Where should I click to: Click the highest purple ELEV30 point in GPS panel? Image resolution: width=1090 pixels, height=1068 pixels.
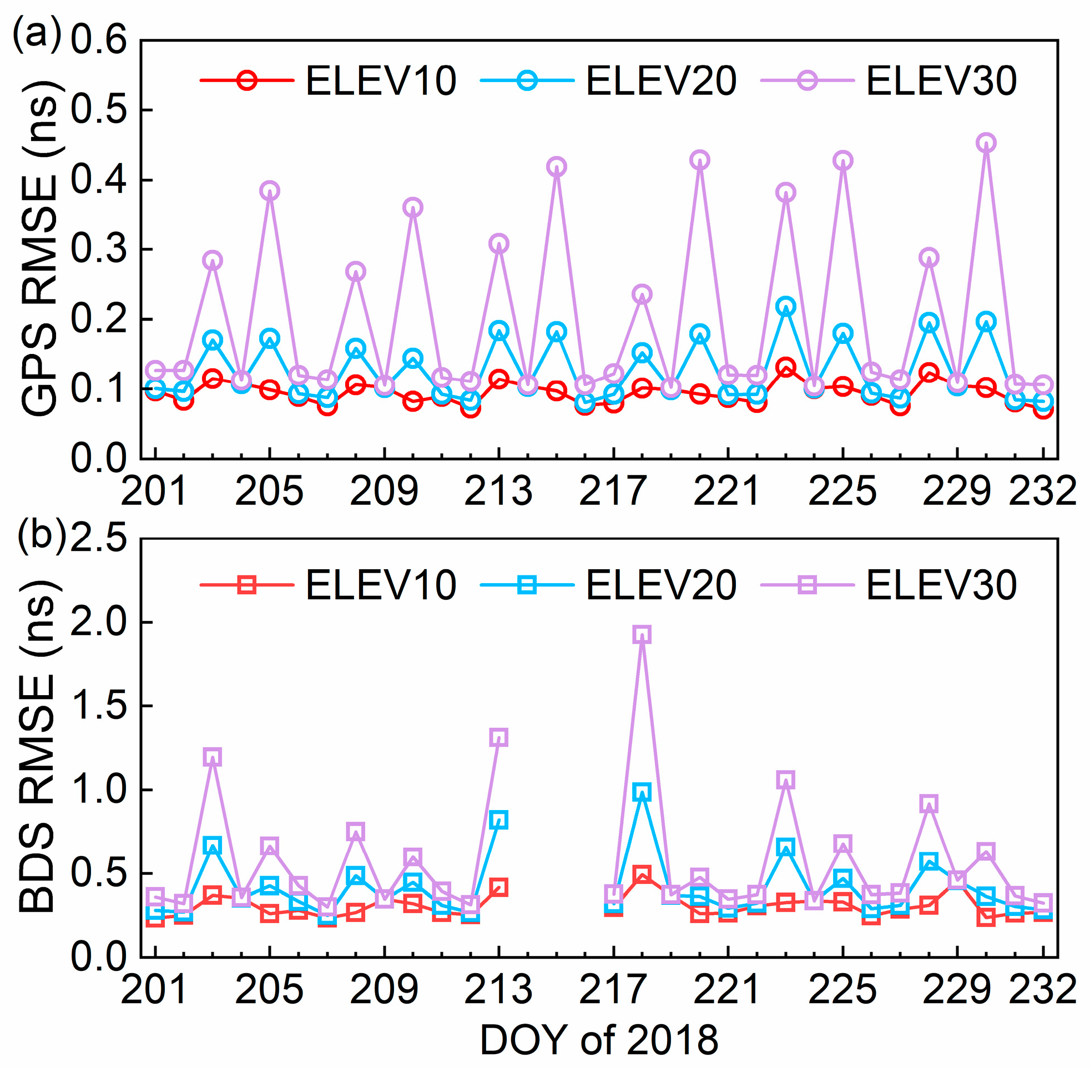(x=986, y=143)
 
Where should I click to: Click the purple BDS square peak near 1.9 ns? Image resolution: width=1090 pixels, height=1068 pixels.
(x=642, y=634)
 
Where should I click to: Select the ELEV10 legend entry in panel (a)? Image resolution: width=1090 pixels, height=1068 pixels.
(x=328, y=80)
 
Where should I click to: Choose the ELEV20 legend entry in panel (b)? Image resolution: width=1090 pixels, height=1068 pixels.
(x=609, y=586)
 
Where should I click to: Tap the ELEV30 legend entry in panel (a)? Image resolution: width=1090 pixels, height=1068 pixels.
(x=889, y=80)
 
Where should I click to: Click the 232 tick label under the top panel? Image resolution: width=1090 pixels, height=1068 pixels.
(x=1042, y=492)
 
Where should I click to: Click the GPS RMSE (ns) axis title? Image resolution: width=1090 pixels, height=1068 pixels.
(x=41, y=249)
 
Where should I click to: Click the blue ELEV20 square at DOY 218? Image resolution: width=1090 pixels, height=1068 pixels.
(x=642, y=792)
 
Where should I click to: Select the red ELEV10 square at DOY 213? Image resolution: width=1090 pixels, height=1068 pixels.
(x=499, y=887)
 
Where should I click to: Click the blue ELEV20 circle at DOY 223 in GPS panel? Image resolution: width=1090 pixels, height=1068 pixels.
(x=785, y=307)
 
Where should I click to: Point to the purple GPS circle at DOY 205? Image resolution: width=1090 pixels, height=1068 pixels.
(x=270, y=191)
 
